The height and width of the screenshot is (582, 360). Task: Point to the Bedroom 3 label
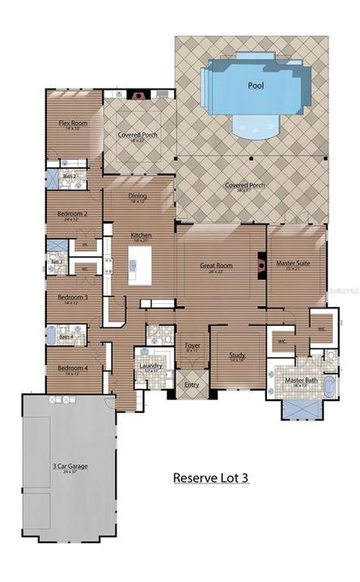click(72, 297)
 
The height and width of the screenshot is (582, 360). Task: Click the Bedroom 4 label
click(71, 369)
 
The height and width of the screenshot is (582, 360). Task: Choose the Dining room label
click(138, 196)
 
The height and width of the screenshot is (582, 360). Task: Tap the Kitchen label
click(142, 236)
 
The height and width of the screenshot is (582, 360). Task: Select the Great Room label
click(216, 265)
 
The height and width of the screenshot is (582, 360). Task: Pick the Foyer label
click(193, 346)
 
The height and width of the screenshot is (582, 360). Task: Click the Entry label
click(192, 385)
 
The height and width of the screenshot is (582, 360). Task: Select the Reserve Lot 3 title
click(210, 478)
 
